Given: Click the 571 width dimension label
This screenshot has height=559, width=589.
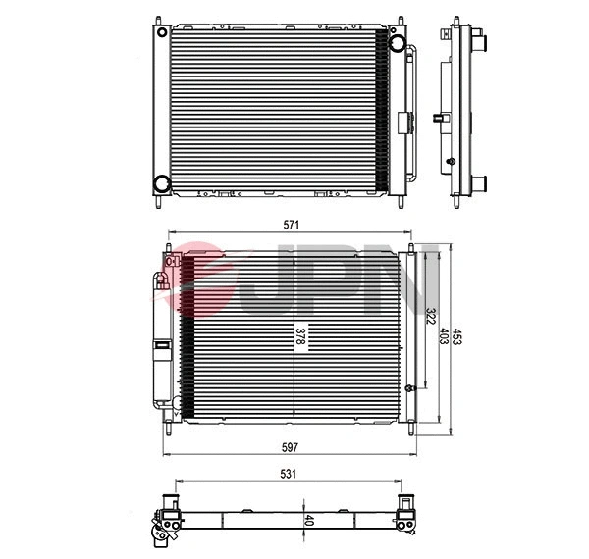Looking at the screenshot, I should click(292, 224).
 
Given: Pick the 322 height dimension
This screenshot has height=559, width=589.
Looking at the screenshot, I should click(430, 317).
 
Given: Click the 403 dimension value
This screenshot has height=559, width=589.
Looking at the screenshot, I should click(444, 336).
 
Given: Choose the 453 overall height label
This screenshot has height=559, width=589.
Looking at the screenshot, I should click(458, 336).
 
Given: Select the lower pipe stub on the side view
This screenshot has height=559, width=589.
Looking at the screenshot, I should click(483, 180).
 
